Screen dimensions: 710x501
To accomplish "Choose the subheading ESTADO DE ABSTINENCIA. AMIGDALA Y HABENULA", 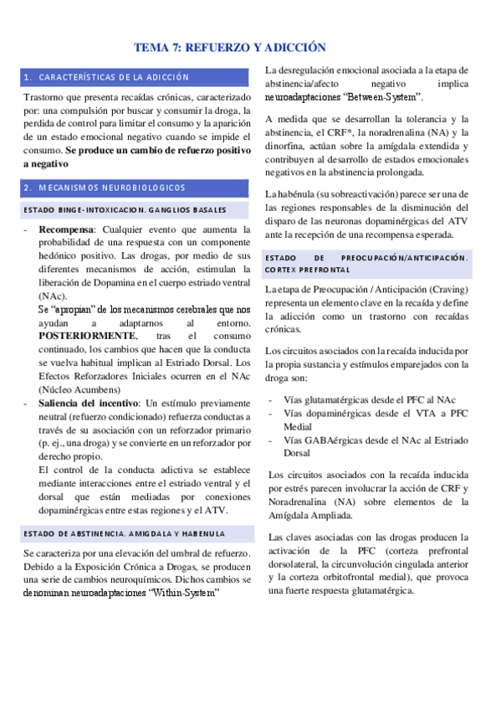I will point(125,533).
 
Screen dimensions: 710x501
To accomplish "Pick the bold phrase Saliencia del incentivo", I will point(91,404).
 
